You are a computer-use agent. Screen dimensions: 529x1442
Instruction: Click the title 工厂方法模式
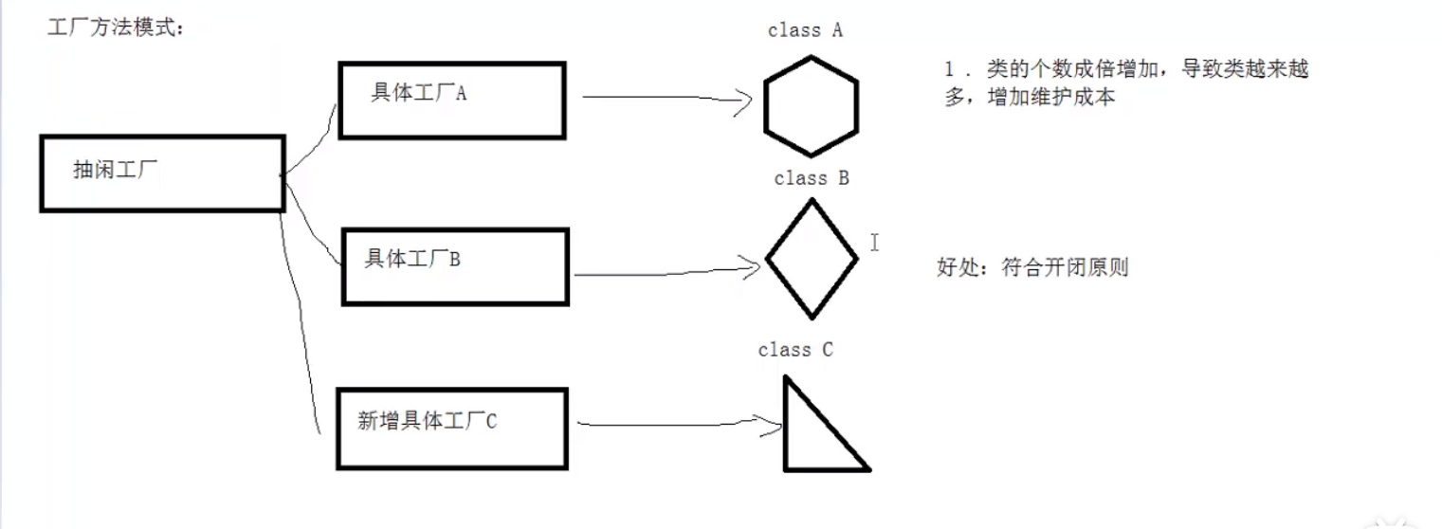[x=116, y=28]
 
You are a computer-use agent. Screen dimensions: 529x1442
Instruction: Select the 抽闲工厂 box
[x=162, y=173]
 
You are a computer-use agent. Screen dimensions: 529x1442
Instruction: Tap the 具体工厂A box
[x=451, y=100]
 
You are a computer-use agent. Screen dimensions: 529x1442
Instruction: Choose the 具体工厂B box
[x=455, y=266]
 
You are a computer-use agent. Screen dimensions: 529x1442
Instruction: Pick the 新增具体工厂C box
[x=451, y=428]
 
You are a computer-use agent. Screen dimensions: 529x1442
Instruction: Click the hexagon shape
[x=811, y=105]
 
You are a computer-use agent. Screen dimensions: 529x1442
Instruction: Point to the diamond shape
[x=811, y=258]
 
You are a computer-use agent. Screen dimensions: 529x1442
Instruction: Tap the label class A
[x=805, y=30]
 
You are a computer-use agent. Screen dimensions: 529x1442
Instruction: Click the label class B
[x=811, y=178]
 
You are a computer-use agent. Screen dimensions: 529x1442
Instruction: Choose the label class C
[x=795, y=351]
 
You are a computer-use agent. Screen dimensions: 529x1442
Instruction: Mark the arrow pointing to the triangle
[x=673, y=422]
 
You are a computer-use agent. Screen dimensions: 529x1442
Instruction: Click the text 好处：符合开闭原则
[x=1032, y=267]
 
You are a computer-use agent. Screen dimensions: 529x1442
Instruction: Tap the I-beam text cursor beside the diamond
[x=874, y=243]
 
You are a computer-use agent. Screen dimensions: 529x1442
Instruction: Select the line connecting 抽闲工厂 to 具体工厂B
[x=313, y=223]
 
